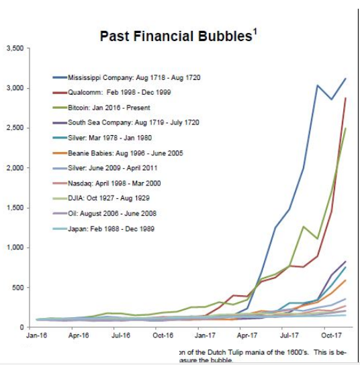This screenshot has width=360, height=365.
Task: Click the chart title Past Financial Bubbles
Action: click(x=175, y=36)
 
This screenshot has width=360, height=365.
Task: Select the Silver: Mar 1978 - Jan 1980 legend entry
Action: click(x=114, y=138)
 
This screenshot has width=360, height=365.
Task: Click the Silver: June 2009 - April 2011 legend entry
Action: click(x=117, y=168)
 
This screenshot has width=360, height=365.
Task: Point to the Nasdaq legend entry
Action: click(x=114, y=183)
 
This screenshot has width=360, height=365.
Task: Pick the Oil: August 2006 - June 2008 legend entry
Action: click(x=115, y=213)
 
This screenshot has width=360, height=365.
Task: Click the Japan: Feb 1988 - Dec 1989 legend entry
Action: click(x=114, y=229)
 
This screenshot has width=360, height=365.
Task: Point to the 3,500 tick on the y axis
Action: click(x=15, y=48)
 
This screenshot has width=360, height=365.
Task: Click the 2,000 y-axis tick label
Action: click(x=15, y=168)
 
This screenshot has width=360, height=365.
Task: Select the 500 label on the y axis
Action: click(x=18, y=288)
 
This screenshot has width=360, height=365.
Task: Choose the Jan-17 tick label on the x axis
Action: click(x=204, y=335)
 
